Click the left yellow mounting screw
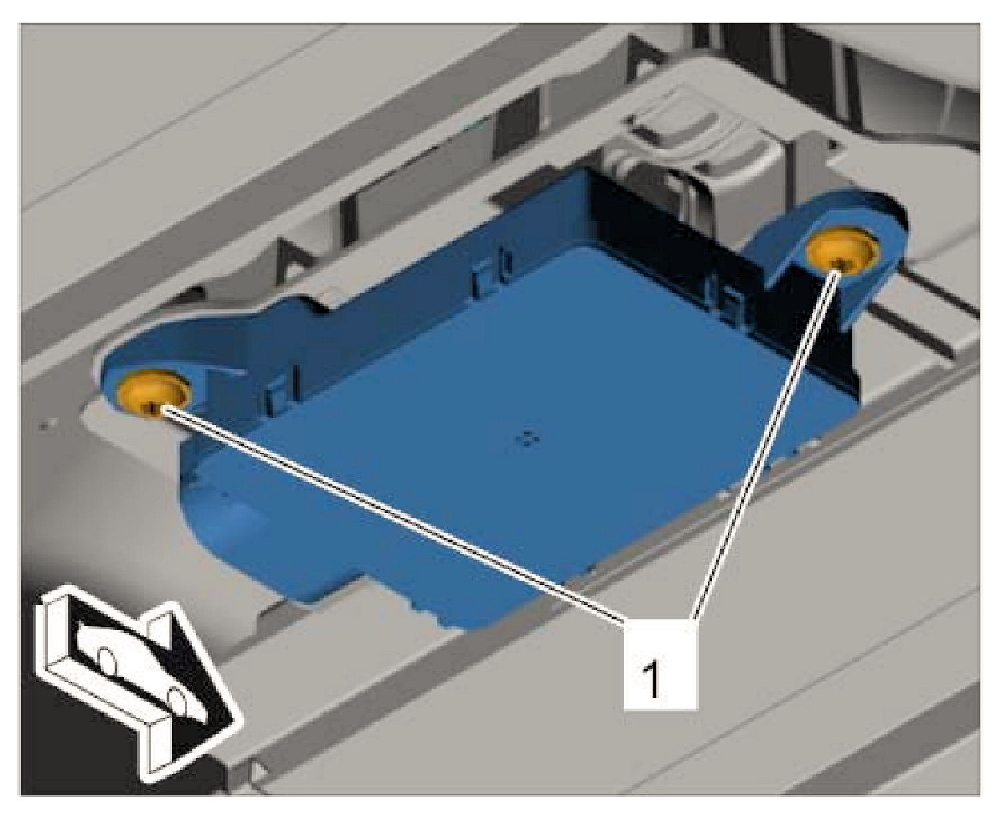(154, 391)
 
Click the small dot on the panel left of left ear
(45, 426)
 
